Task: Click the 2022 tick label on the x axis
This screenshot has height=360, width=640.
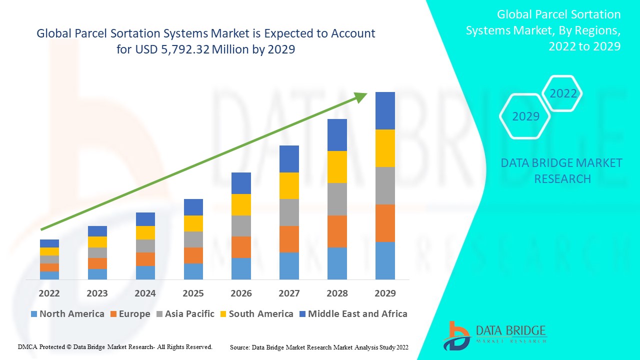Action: (49, 293)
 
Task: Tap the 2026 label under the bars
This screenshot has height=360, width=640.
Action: (241, 293)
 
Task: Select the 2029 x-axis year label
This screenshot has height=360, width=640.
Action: (385, 293)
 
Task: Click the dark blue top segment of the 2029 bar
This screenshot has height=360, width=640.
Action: (385, 110)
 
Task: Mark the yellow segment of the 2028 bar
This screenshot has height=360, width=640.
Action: (337, 167)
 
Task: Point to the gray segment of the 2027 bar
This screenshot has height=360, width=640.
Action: (289, 212)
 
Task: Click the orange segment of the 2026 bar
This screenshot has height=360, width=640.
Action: (241, 247)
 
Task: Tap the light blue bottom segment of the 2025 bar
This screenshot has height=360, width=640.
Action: (193, 271)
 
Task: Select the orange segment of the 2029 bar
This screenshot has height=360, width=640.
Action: (385, 223)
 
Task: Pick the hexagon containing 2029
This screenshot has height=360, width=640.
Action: (525, 116)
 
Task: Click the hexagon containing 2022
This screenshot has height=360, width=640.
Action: (562, 93)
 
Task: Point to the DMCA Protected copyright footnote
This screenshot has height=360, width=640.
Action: (115, 346)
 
